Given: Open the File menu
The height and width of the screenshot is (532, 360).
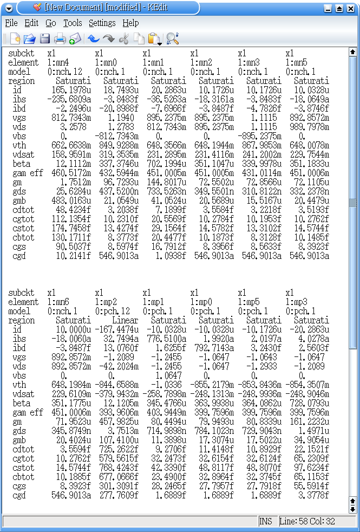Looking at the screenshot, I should pos(11,23).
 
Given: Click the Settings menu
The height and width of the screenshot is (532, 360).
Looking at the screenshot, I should pos(102,23).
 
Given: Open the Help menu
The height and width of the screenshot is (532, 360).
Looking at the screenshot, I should pos(130,23).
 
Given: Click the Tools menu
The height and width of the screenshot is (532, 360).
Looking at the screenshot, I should pos(73,23).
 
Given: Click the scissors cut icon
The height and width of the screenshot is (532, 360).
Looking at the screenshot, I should pos(124,38).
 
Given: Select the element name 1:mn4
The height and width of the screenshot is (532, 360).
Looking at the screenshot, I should pos(58,63).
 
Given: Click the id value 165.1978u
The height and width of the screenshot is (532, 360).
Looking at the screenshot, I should pos(71,90).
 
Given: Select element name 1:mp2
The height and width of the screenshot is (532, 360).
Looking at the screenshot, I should pos(106,302).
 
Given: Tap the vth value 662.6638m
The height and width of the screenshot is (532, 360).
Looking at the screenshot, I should pos(71,146).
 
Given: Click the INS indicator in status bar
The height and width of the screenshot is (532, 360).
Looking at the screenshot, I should pos(266,521).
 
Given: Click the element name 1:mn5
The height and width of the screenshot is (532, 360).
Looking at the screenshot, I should pos(296,63).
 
